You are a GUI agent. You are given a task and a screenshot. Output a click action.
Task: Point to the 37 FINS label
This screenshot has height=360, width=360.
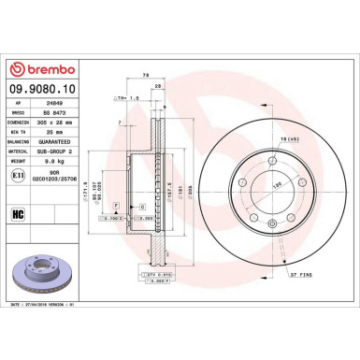(x=301, y=276)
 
